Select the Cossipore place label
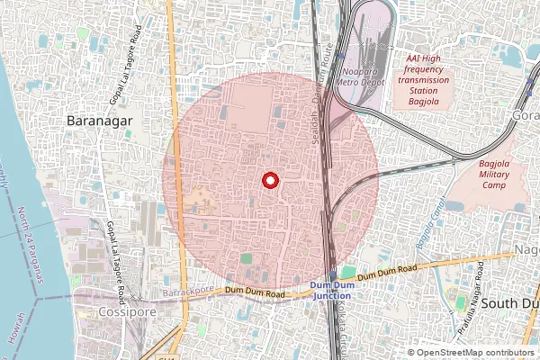121,312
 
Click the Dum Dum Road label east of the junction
387,272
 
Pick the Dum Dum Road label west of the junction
256,291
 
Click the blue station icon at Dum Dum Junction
333,275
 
